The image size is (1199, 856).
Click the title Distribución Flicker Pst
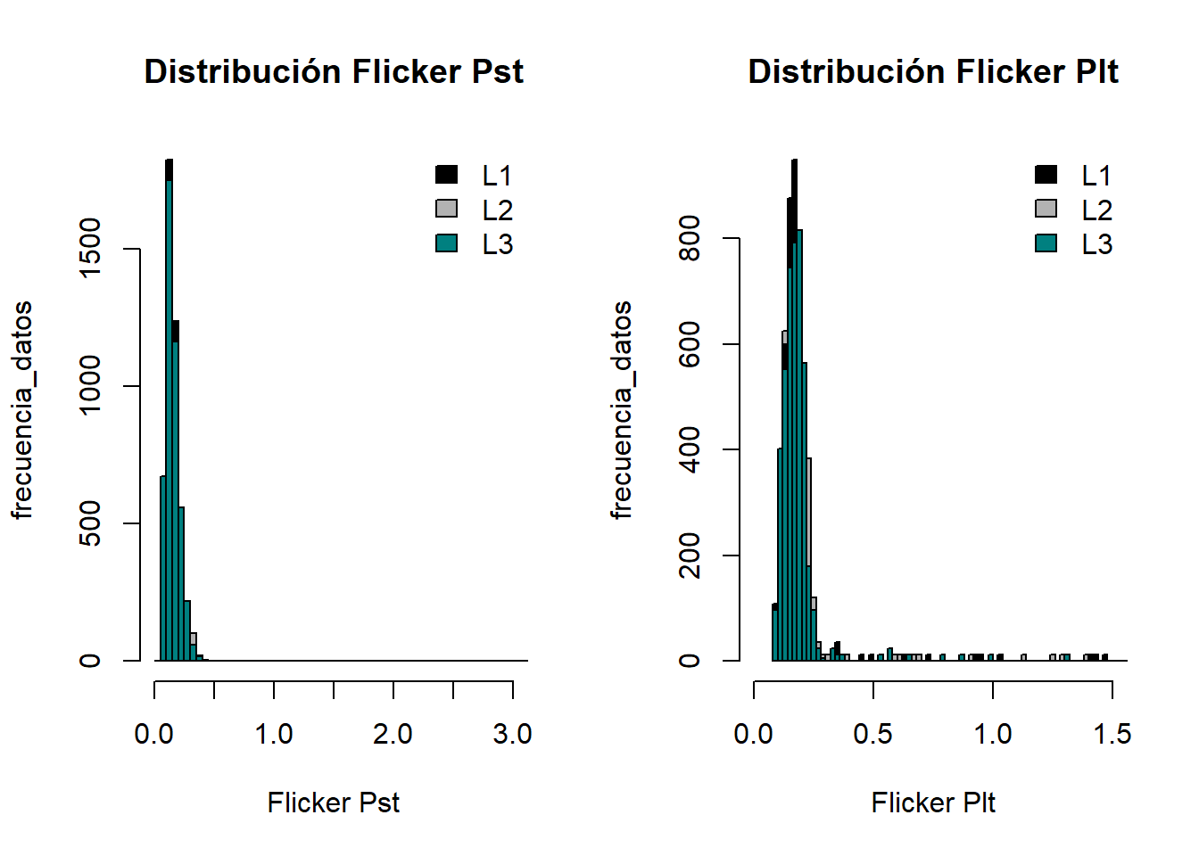pyautogui.click(x=334, y=72)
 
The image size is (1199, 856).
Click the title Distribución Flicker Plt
pyautogui.click(x=933, y=72)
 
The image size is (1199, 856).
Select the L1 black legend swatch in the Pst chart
pyautogui.click(x=446, y=175)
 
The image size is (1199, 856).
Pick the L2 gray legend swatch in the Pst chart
pyautogui.click(x=446, y=209)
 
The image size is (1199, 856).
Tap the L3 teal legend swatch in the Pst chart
pyautogui.click(x=446, y=243)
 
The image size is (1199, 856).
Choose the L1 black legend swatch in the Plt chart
pyautogui.click(x=1046, y=175)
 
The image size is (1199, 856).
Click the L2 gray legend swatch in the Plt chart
pyautogui.click(x=1046, y=209)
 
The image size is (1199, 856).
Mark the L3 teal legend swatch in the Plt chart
pyautogui.click(x=1046, y=243)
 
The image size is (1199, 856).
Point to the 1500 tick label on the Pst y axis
pyautogui.click(x=90, y=250)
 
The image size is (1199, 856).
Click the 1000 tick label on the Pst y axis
pyautogui.click(x=90, y=386)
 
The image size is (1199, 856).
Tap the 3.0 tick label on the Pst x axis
pyautogui.click(x=512, y=734)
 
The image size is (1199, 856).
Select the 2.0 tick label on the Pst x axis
pyautogui.click(x=393, y=734)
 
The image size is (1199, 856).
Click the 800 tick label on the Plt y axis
pyautogui.click(x=690, y=238)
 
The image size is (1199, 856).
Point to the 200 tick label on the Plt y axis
pyautogui.click(x=690, y=556)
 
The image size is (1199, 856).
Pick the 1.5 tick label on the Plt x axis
pyautogui.click(x=1112, y=734)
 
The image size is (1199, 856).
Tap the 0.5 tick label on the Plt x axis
pyautogui.click(x=872, y=734)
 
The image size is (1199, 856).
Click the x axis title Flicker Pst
pyautogui.click(x=334, y=802)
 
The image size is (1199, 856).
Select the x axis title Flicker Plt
pyautogui.click(x=933, y=802)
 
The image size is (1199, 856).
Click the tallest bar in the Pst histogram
pyautogui.click(x=169, y=410)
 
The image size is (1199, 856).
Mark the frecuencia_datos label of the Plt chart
pyautogui.click(x=621, y=410)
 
